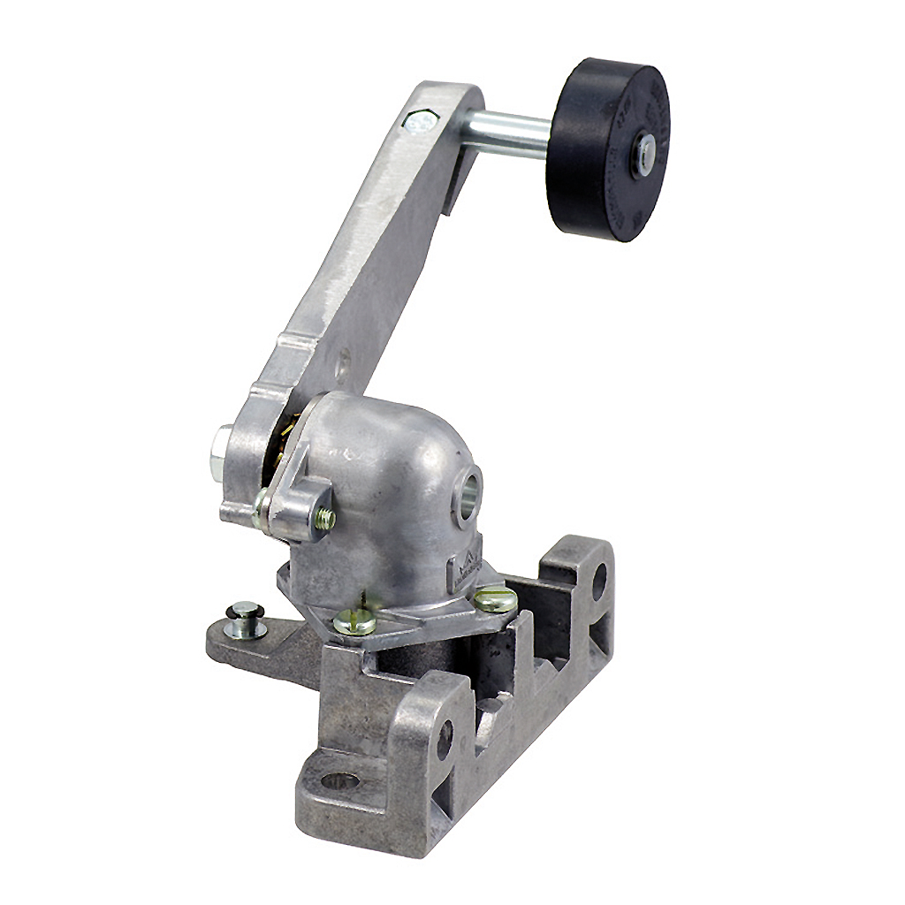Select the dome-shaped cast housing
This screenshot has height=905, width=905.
click(x=389, y=495)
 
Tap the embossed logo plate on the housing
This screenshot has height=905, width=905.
click(x=465, y=567)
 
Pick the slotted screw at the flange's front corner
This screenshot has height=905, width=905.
click(x=354, y=623)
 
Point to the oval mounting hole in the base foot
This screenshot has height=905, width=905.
click(x=339, y=780)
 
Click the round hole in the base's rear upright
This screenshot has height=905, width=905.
click(x=598, y=582)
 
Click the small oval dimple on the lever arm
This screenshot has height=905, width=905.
click(x=343, y=361)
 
